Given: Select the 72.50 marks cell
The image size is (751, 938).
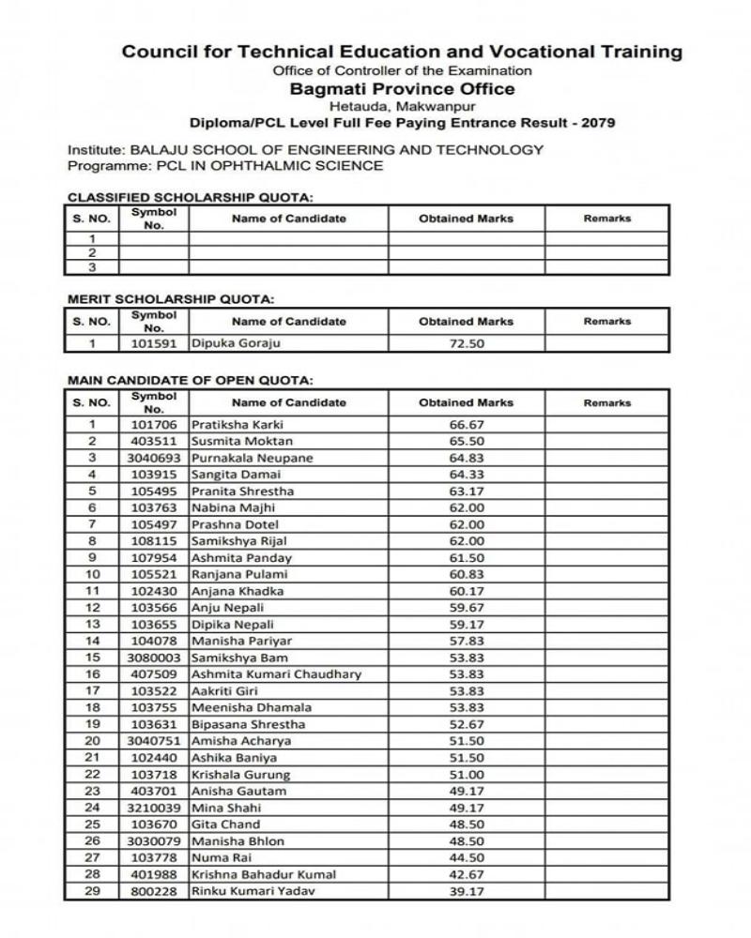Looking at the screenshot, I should [467, 343].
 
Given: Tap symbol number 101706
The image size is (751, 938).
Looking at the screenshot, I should [154, 425].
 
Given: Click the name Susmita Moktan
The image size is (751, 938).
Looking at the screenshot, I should [242, 441].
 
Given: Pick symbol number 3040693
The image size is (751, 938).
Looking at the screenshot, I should [154, 458].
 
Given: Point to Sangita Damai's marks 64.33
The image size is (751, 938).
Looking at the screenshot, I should [467, 475].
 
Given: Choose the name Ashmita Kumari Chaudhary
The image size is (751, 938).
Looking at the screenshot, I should [276, 674].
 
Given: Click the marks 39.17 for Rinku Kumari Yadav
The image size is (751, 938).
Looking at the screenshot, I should [467, 891].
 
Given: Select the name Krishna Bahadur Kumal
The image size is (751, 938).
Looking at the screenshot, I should [264, 874].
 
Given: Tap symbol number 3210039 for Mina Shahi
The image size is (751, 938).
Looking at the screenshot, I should [154, 808].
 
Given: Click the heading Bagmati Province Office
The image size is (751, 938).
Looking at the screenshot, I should [402, 89].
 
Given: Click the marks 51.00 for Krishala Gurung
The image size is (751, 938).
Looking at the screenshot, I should [467, 775].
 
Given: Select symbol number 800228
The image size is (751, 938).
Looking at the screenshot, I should [154, 891].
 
